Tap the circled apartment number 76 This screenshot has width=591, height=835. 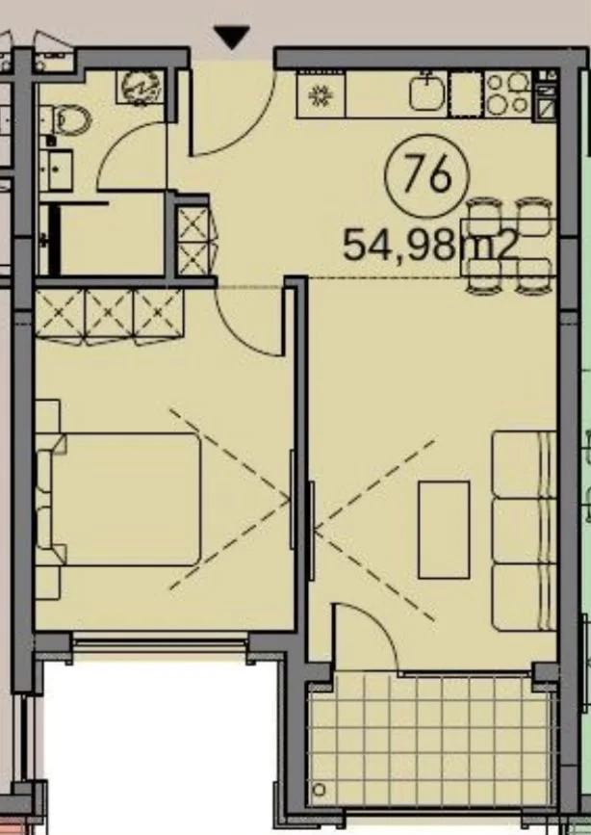(427, 175)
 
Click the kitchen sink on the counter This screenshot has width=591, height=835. (427, 92)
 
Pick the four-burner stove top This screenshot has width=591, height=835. (508, 93)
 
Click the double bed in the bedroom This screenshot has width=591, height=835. (118, 499)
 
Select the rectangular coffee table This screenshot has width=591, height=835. (444, 530)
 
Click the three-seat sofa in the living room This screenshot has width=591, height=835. (525, 531)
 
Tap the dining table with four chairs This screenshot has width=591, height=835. (508, 246)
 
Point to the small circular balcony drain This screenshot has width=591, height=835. (320, 790)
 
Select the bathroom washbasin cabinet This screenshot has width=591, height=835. (57, 170)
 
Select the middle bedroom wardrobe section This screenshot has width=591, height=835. (109, 315)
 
